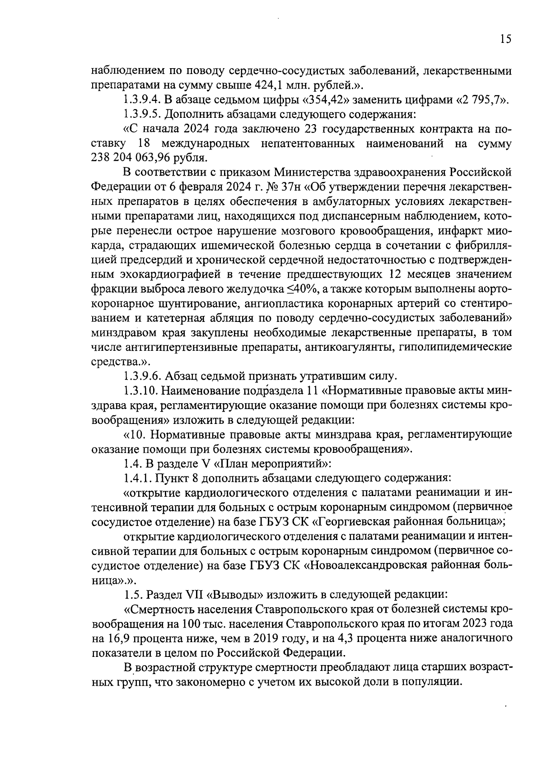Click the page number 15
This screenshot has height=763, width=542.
[x=505, y=39]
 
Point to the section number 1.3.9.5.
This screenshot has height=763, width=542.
[x=142, y=115]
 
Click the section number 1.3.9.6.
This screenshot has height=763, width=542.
[x=142, y=376]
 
